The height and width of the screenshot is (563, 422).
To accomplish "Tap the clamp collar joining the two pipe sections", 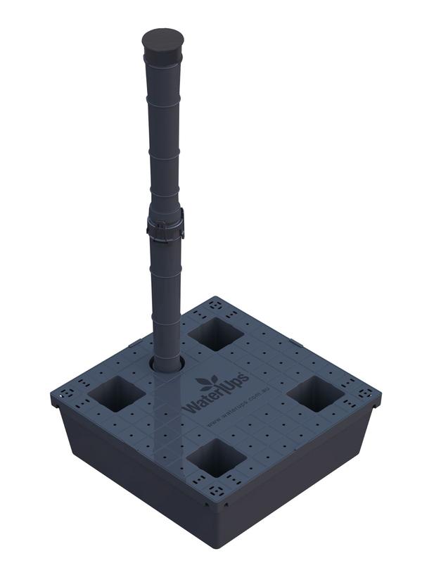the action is pyautogui.click(x=165, y=226).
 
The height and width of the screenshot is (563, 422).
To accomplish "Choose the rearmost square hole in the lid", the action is pyautogui.click(x=216, y=333).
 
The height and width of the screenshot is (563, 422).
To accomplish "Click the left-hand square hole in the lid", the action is pyautogui.click(x=117, y=393).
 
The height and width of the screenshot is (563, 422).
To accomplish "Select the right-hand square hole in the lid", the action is pyautogui.click(x=315, y=393).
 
